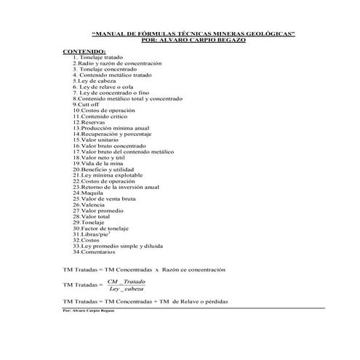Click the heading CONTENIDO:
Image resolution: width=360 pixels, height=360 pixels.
coord(85,51)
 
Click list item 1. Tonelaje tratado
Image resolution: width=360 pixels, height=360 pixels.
coord(100,57)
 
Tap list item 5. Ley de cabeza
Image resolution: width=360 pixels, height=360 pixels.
coord(95,81)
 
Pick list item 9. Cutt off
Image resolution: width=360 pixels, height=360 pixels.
coord(88,105)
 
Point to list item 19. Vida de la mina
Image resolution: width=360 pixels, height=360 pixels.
coord(98,164)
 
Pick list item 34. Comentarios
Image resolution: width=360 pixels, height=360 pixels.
coord(94,252)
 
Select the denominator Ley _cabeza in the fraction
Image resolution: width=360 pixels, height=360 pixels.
coord(126,289)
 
